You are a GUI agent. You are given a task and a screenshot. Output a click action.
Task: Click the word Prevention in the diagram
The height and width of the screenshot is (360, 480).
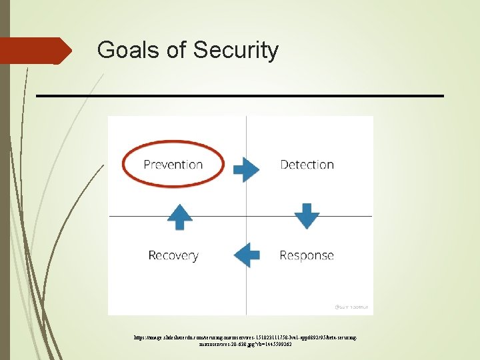click(x=173, y=165)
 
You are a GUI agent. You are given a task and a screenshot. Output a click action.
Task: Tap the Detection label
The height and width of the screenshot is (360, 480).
click(x=307, y=165)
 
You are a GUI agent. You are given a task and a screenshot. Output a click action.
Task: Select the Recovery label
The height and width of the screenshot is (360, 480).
click(x=173, y=255)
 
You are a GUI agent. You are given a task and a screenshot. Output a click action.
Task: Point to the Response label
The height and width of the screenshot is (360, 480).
click(x=307, y=255)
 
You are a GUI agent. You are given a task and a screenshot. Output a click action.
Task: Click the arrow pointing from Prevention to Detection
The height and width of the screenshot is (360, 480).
click(x=246, y=169)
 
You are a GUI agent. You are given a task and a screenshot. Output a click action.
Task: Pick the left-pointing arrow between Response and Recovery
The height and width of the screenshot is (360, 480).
click(x=246, y=254)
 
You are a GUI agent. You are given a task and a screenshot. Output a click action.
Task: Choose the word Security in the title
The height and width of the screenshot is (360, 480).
click(x=236, y=50)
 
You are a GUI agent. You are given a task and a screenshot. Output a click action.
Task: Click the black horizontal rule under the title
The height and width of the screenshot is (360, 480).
click(x=240, y=96)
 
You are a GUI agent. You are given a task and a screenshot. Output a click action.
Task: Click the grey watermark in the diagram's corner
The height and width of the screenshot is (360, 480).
click(x=353, y=307)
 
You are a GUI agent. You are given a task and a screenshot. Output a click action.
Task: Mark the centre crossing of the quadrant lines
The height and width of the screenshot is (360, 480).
click(x=246, y=216)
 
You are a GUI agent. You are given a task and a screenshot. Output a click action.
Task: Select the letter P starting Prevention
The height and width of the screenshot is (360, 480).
click(x=147, y=165)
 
